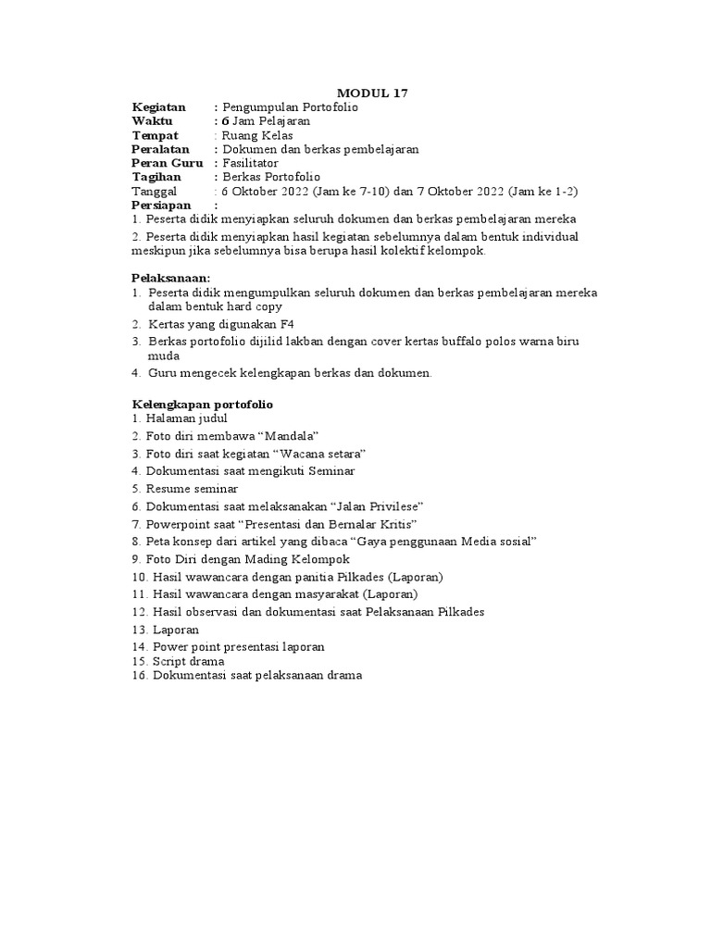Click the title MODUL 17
[371, 93]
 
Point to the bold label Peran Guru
[168, 162]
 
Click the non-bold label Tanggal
[157, 190]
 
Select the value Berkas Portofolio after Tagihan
[271, 176]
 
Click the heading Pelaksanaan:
[171, 277]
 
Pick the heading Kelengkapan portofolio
[202, 405]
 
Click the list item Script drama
[188, 661]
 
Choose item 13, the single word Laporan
[176, 630]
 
